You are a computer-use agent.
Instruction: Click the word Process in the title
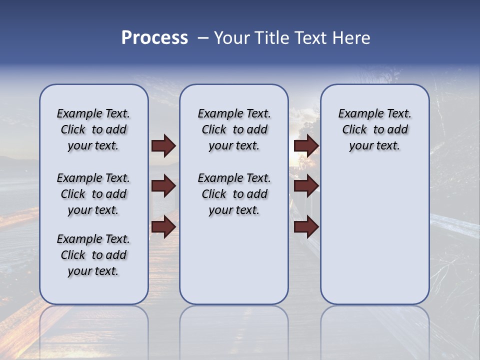[154, 38]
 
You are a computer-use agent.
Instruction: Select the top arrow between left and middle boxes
[163, 146]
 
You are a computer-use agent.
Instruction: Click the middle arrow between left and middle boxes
[163, 186]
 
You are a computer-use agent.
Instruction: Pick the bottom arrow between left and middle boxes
[163, 226]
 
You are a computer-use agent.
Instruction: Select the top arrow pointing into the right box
[306, 146]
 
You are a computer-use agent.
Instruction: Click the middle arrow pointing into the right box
[306, 186]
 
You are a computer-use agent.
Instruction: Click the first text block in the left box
[93, 129]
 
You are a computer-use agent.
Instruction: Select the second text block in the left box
[93, 194]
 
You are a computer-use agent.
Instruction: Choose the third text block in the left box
[93, 255]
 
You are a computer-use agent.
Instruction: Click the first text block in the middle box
[234, 129]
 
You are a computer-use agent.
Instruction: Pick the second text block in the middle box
[234, 194]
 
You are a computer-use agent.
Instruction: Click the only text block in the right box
[374, 129]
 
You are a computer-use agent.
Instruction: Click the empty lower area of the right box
[374, 235]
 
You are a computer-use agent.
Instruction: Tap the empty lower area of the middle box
[234, 260]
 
